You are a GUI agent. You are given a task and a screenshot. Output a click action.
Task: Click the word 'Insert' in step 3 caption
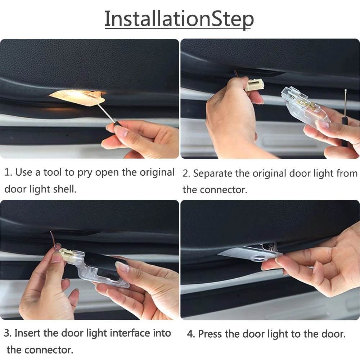coord(28,333)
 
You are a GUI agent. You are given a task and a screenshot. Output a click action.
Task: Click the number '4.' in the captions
coord(191,334)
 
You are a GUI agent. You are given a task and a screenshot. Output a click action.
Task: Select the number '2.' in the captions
coord(186,174)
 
